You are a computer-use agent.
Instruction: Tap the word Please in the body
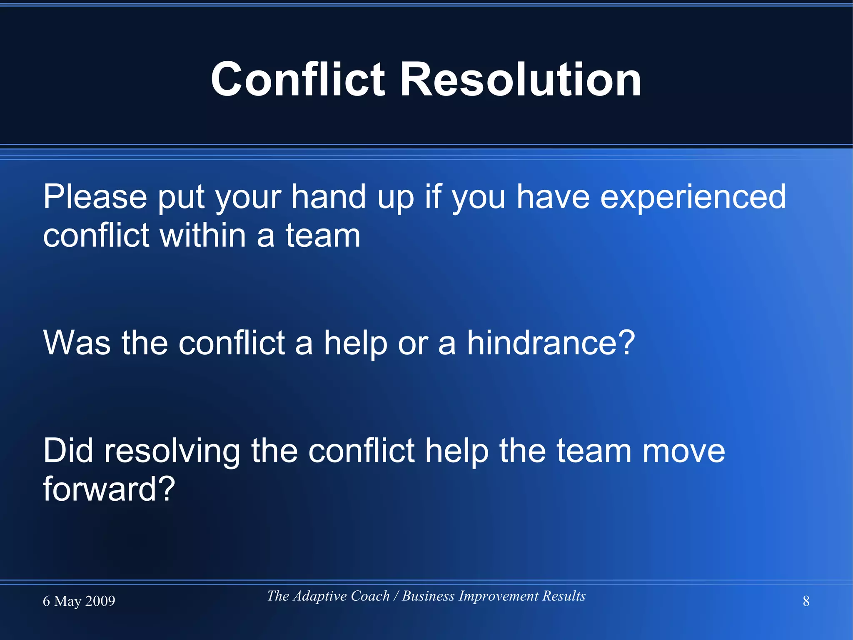(95, 197)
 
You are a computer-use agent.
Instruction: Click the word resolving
(172, 452)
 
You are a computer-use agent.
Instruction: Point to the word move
(683, 452)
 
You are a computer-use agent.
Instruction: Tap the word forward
(100, 489)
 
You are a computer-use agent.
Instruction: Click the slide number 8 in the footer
(806, 601)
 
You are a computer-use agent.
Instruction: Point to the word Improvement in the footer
(498, 596)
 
